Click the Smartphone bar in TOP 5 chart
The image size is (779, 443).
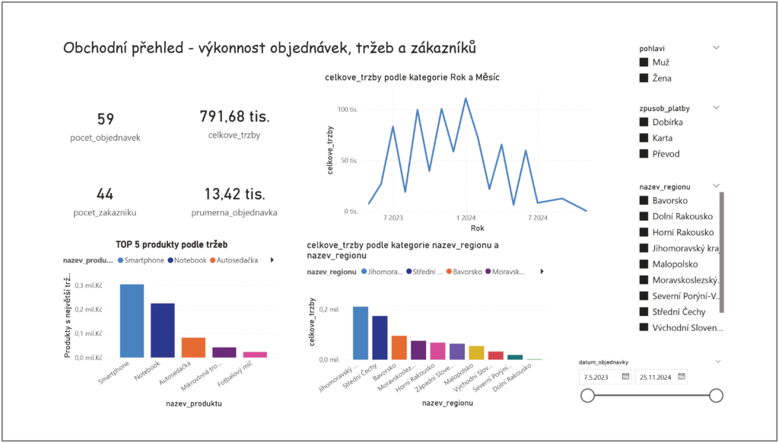tap(132, 320)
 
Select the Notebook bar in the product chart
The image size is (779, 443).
tap(162, 330)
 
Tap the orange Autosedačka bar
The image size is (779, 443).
tap(192, 347)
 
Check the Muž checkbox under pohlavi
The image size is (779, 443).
tap(644, 62)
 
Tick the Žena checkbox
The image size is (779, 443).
tap(644, 78)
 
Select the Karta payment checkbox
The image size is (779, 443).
tap(644, 138)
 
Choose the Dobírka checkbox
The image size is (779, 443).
tap(644, 122)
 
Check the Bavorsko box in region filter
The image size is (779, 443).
tap(644, 201)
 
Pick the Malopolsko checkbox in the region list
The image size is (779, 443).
tap(644, 264)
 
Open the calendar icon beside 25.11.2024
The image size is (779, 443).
tap(682, 376)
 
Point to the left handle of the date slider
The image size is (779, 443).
tap(587, 395)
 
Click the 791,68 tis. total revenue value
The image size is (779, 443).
tap(234, 116)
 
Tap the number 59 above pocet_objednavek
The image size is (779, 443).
tap(106, 119)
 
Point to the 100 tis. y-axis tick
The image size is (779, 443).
tap(348, 110)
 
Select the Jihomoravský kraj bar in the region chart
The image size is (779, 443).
tap(361, 333)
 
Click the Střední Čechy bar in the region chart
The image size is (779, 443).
tap(380, 337)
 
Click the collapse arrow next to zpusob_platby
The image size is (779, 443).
tap(716, 107)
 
